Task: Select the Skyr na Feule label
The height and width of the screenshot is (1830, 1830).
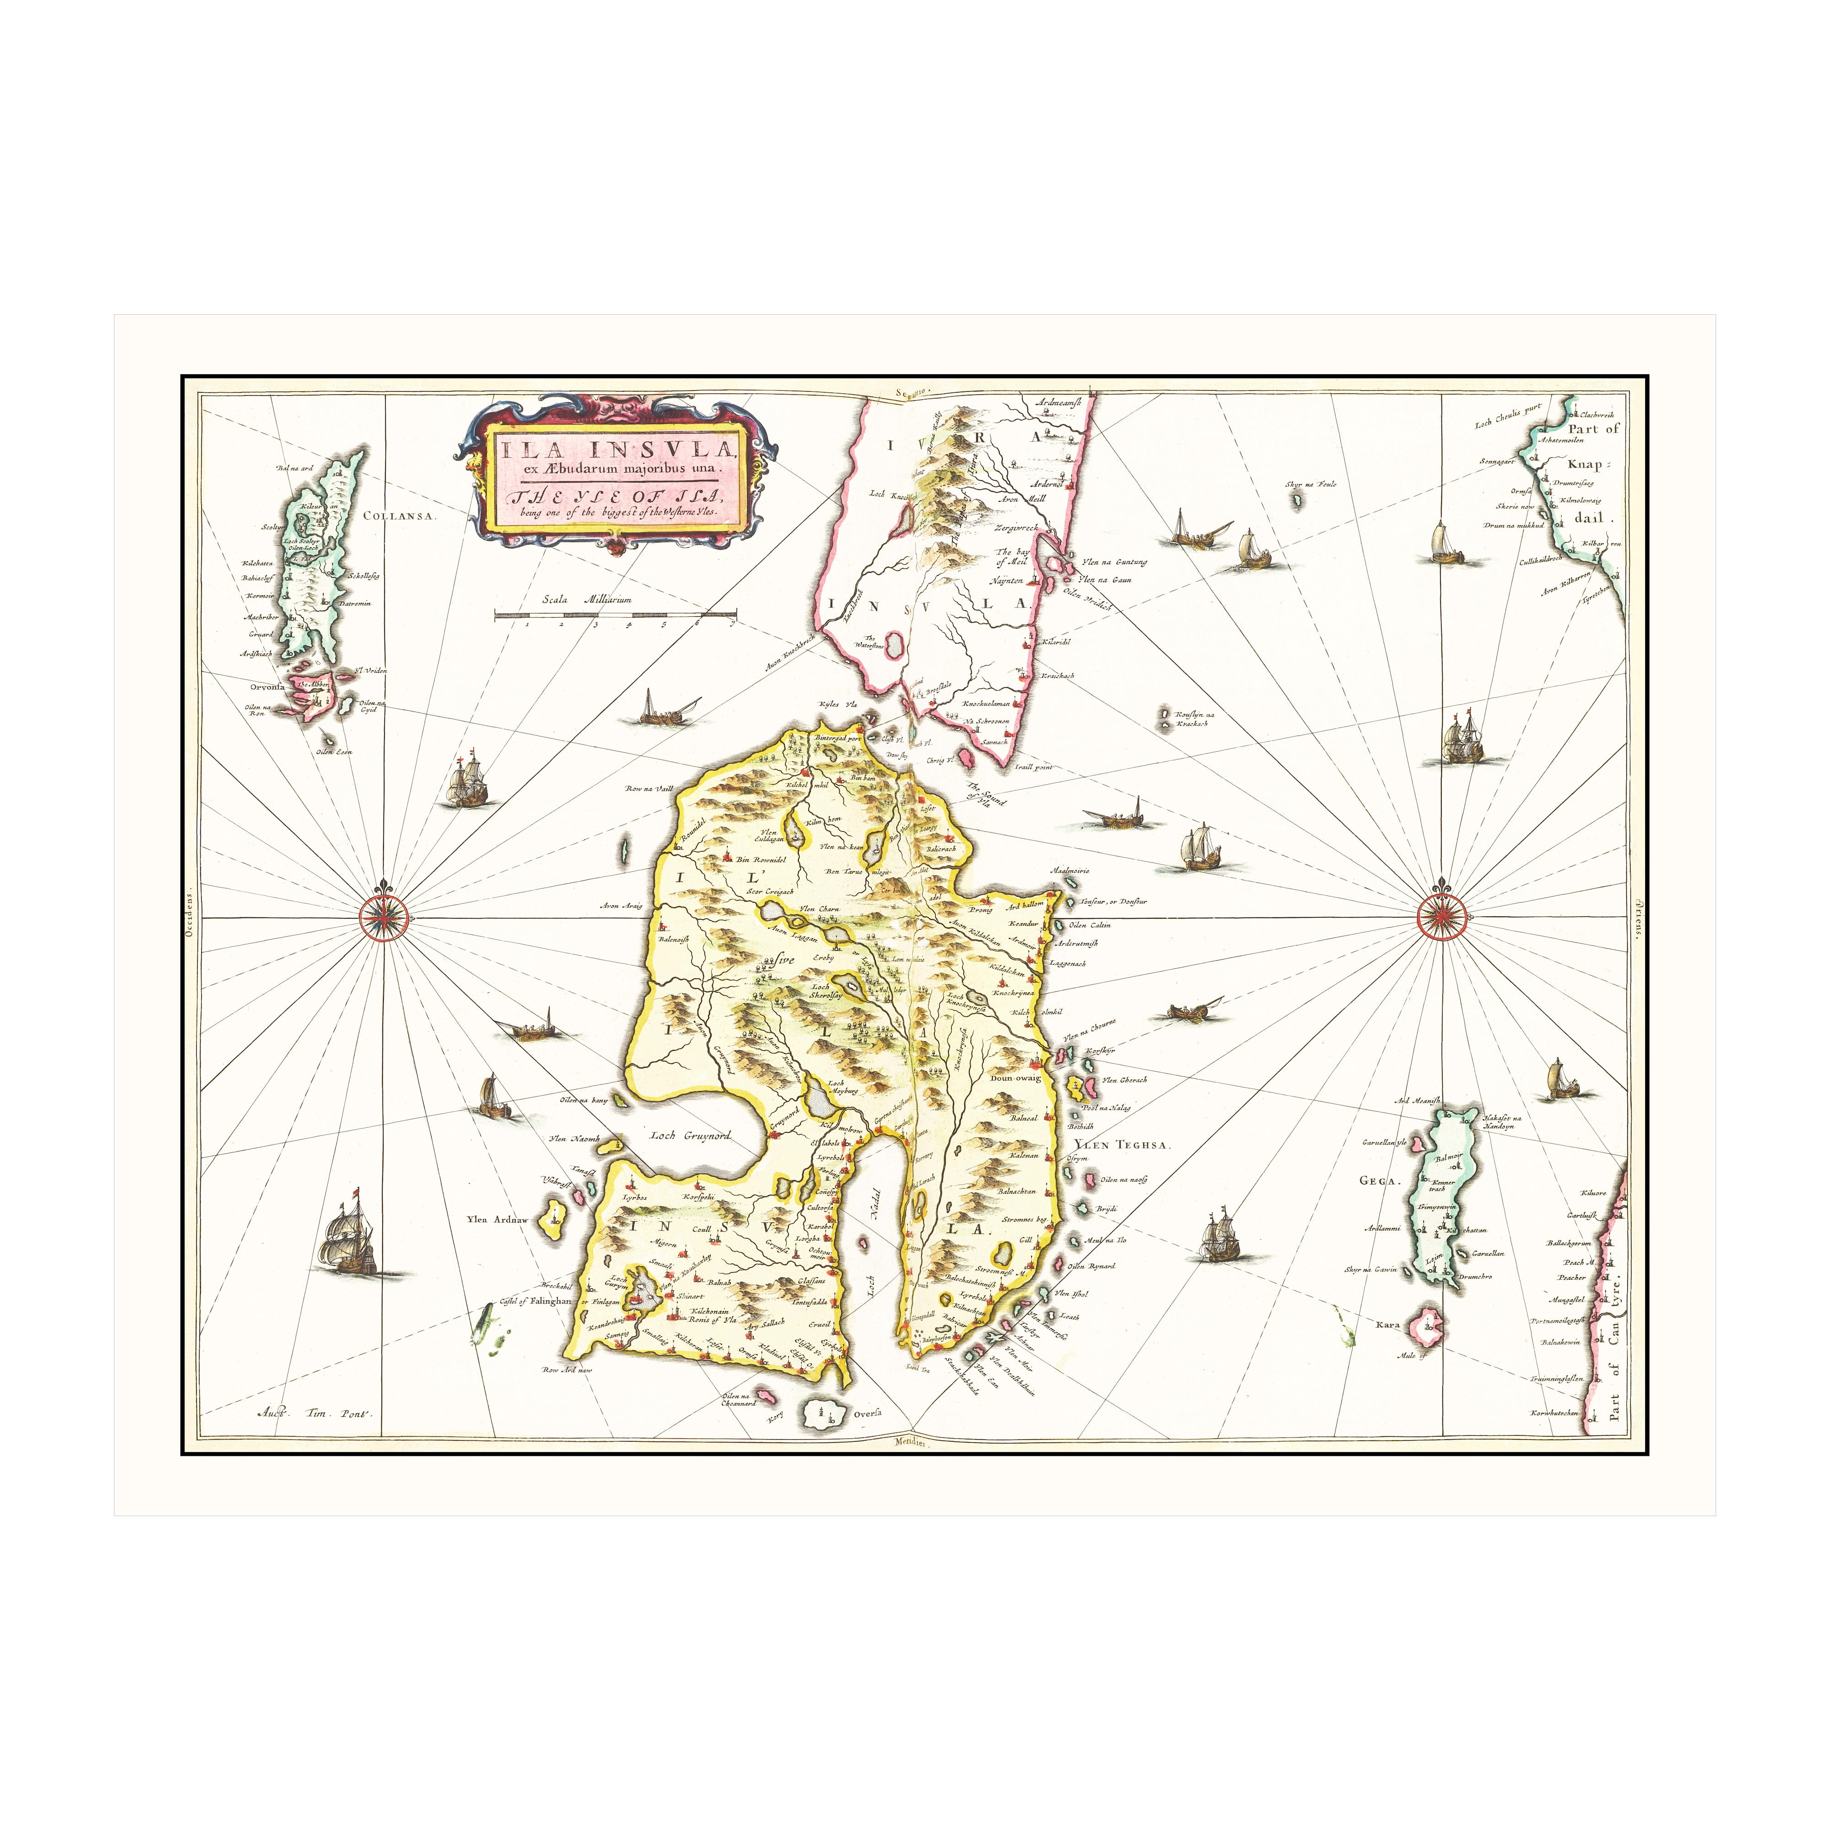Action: (x=1310, y=485)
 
